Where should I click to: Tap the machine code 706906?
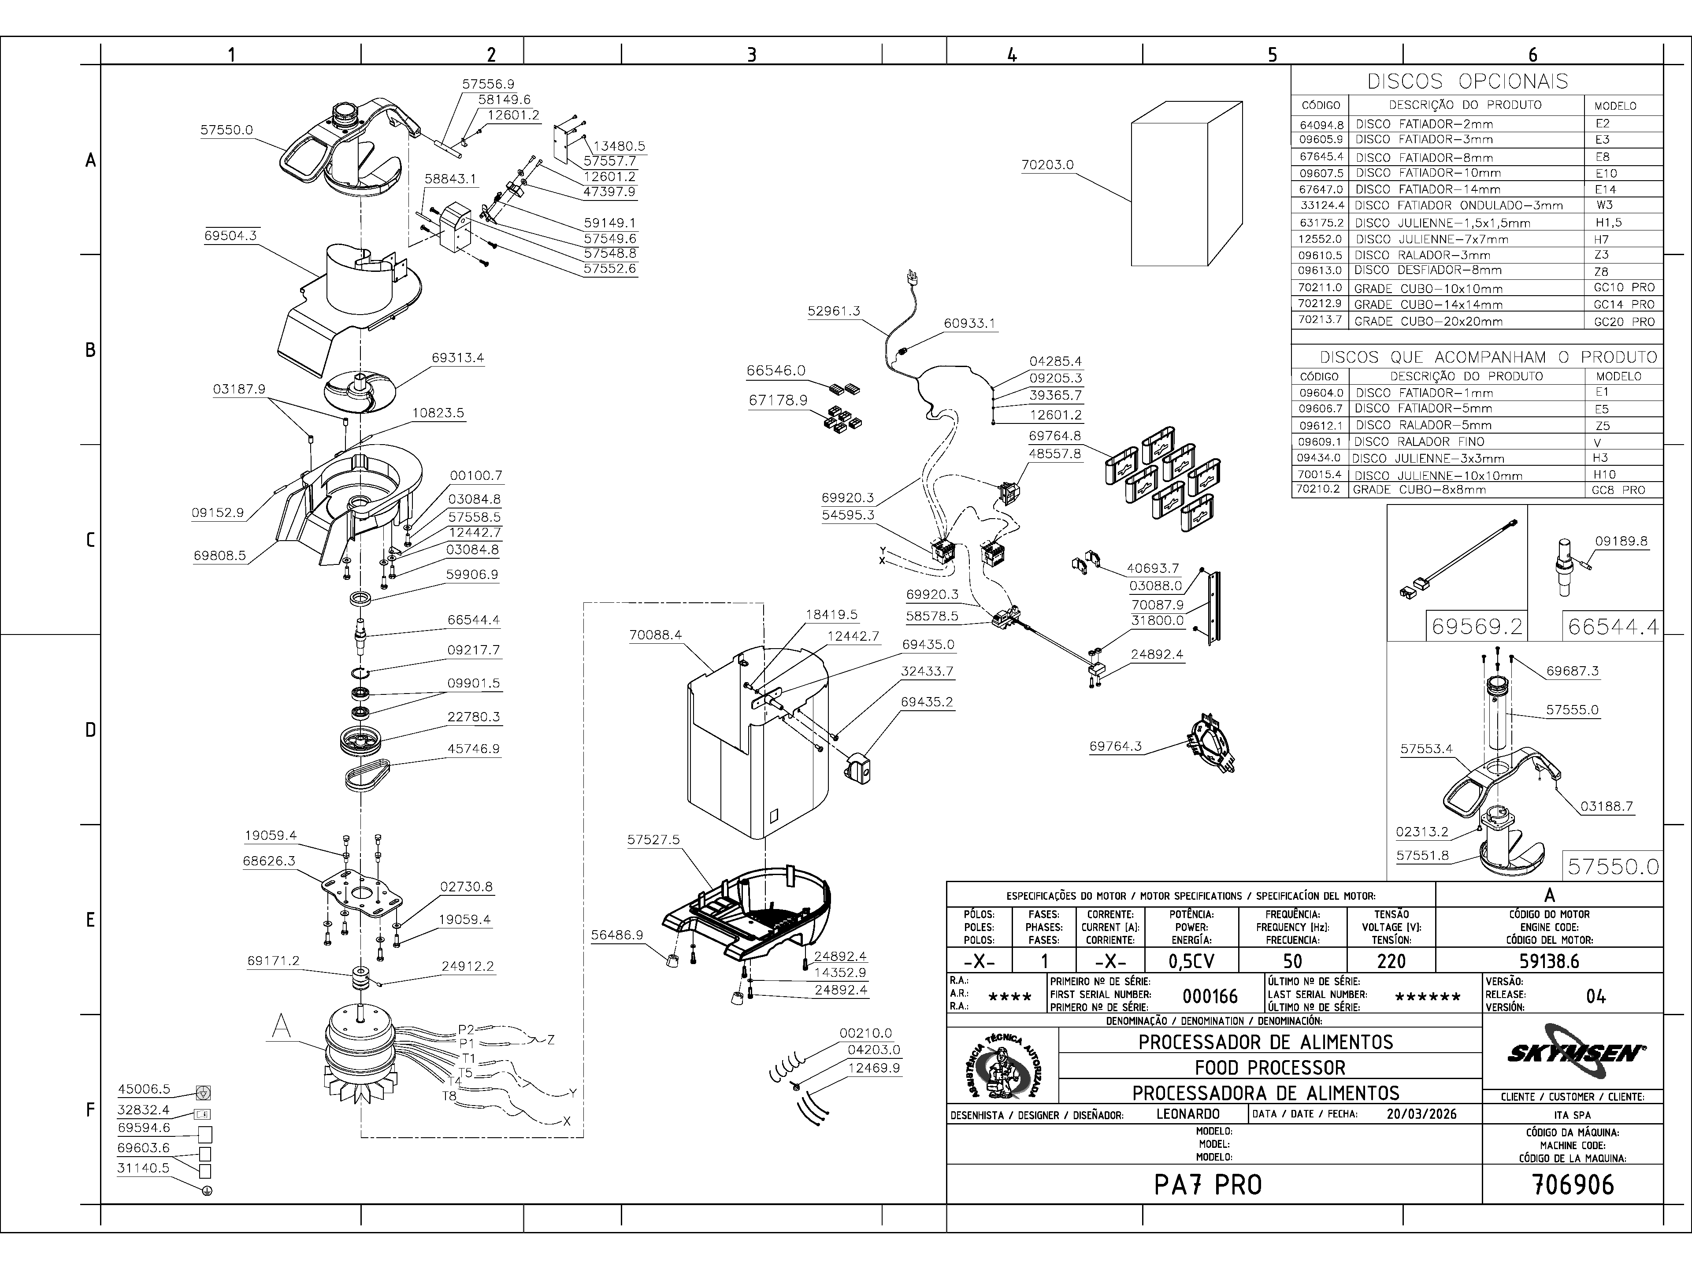click(1573, 1185)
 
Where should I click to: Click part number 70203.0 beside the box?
click(1047, 164)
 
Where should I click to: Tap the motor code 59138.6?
click(1549, 961)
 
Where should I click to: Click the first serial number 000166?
click(1210, 996)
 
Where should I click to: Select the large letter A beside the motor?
click(282, 1027)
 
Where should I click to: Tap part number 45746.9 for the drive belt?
click(474, 749)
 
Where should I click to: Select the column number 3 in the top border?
click(751, 54)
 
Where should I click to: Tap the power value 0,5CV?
click(1192, 961)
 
